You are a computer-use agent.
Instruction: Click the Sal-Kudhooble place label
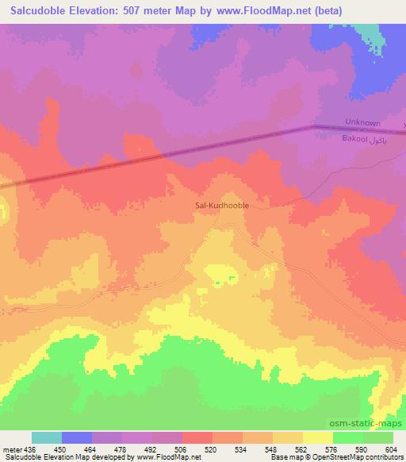pyautogui.click(x=222, y=204)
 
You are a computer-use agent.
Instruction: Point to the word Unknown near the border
pyautogui.click(x=363, y=123)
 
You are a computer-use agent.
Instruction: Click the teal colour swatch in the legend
pyautogui.click(x=47, y=437)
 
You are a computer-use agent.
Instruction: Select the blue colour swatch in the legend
pyautogui.click(x=77, y=437)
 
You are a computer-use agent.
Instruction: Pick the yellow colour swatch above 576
pyautogui.click(x=318, y=437)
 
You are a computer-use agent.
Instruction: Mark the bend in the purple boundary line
pyautogui.click(x=313, y=126)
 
